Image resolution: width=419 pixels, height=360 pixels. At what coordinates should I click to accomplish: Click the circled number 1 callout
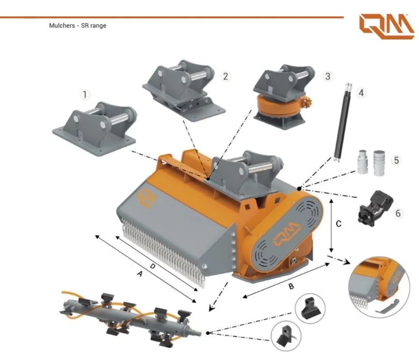coord(85,95)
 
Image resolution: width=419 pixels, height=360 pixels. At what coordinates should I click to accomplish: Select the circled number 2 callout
coord(225,76)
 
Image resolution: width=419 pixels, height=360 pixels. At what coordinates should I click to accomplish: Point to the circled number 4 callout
coord(361,93)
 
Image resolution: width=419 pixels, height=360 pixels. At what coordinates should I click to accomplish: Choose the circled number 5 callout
coord(396,160)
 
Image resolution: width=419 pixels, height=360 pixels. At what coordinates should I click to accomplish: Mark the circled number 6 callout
coord(398,213)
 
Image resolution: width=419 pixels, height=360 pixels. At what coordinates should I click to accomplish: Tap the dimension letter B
coord(291,286)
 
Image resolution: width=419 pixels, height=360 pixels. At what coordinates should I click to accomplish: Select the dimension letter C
coord(338,224)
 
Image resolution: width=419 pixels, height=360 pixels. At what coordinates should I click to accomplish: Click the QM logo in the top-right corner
coord(386,27)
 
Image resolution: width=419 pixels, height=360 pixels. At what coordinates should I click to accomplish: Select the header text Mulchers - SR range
coord(77,25)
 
